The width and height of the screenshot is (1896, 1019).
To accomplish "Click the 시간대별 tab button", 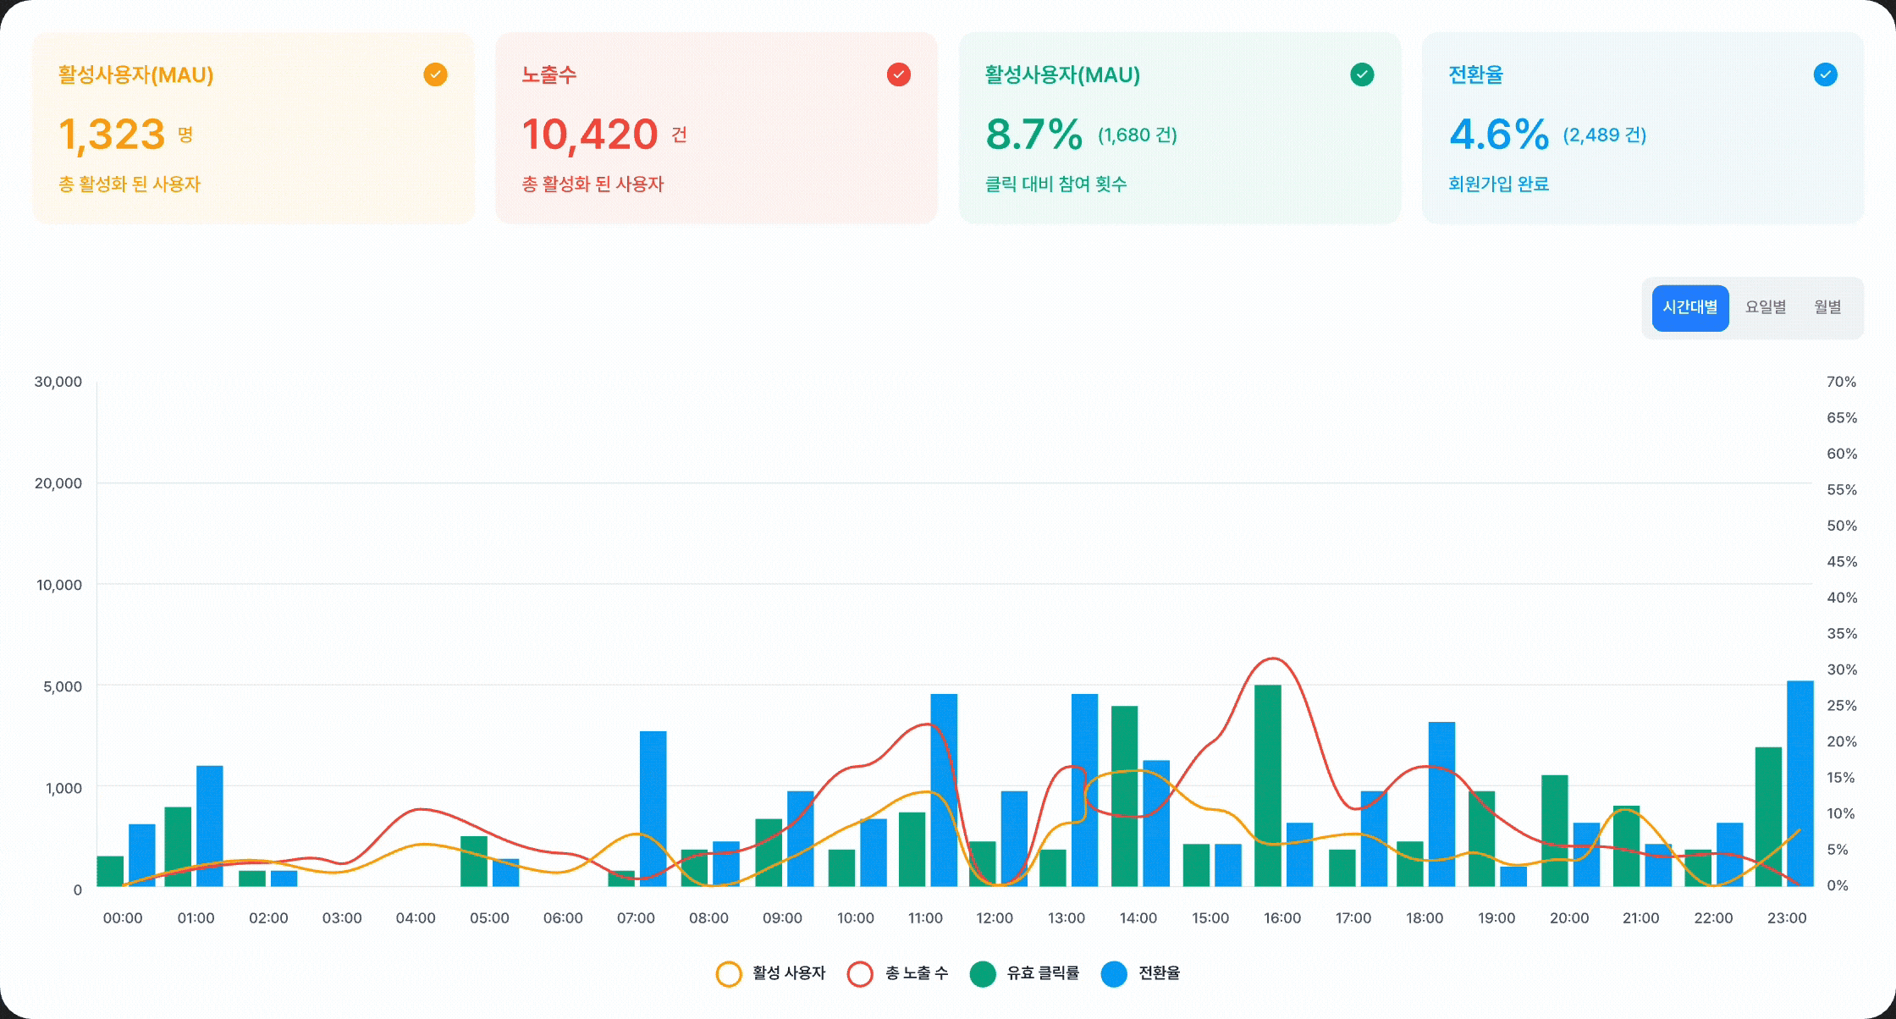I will point(1689,307).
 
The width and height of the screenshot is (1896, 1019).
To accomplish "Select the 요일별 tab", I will point(1766,307).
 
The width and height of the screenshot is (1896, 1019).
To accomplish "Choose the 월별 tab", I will point(1827,307).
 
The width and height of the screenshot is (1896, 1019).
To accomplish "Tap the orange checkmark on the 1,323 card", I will point(435,74).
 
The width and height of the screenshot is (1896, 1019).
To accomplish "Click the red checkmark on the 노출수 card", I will point(898,74).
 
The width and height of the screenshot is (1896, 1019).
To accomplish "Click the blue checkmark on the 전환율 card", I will point(1825,74).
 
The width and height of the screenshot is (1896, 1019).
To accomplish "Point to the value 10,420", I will point(590,135).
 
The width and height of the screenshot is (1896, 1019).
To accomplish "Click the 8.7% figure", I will point(1033,135).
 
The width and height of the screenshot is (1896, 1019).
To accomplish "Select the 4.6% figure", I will point(1498,135).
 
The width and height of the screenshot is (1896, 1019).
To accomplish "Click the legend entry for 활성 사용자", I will point(771,973).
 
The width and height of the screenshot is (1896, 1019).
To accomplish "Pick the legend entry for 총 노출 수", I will point(898,973).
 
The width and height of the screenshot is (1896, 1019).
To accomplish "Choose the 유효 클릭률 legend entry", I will point(1025,973).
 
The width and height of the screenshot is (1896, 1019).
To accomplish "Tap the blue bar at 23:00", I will point(1800,784).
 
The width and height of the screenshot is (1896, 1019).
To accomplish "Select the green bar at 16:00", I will point(1267,785).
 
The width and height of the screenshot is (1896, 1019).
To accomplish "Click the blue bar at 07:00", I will point(653,808).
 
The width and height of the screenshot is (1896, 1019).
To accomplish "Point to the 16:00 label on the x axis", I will point(1282,918).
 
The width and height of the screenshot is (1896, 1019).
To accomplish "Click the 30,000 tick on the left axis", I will point(58,382).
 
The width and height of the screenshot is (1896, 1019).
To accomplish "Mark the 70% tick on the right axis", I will point(1841,382).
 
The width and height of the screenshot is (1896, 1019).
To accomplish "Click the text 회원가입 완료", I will point(1498,184).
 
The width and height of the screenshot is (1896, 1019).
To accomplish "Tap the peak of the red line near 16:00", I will point(1272,658).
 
